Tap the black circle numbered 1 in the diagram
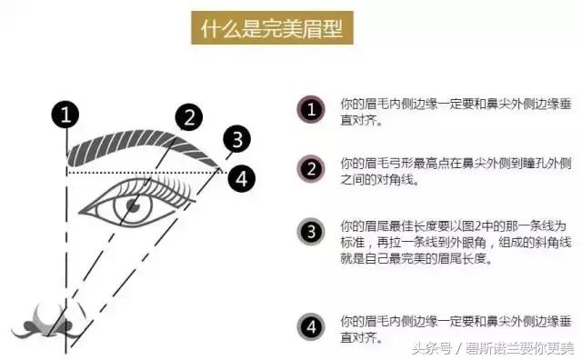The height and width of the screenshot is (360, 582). [65, 115]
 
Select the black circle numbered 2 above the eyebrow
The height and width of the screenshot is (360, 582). [187, 116]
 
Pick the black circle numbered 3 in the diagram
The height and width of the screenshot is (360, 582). [236, 139]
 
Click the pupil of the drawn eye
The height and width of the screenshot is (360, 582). [133, 206]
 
